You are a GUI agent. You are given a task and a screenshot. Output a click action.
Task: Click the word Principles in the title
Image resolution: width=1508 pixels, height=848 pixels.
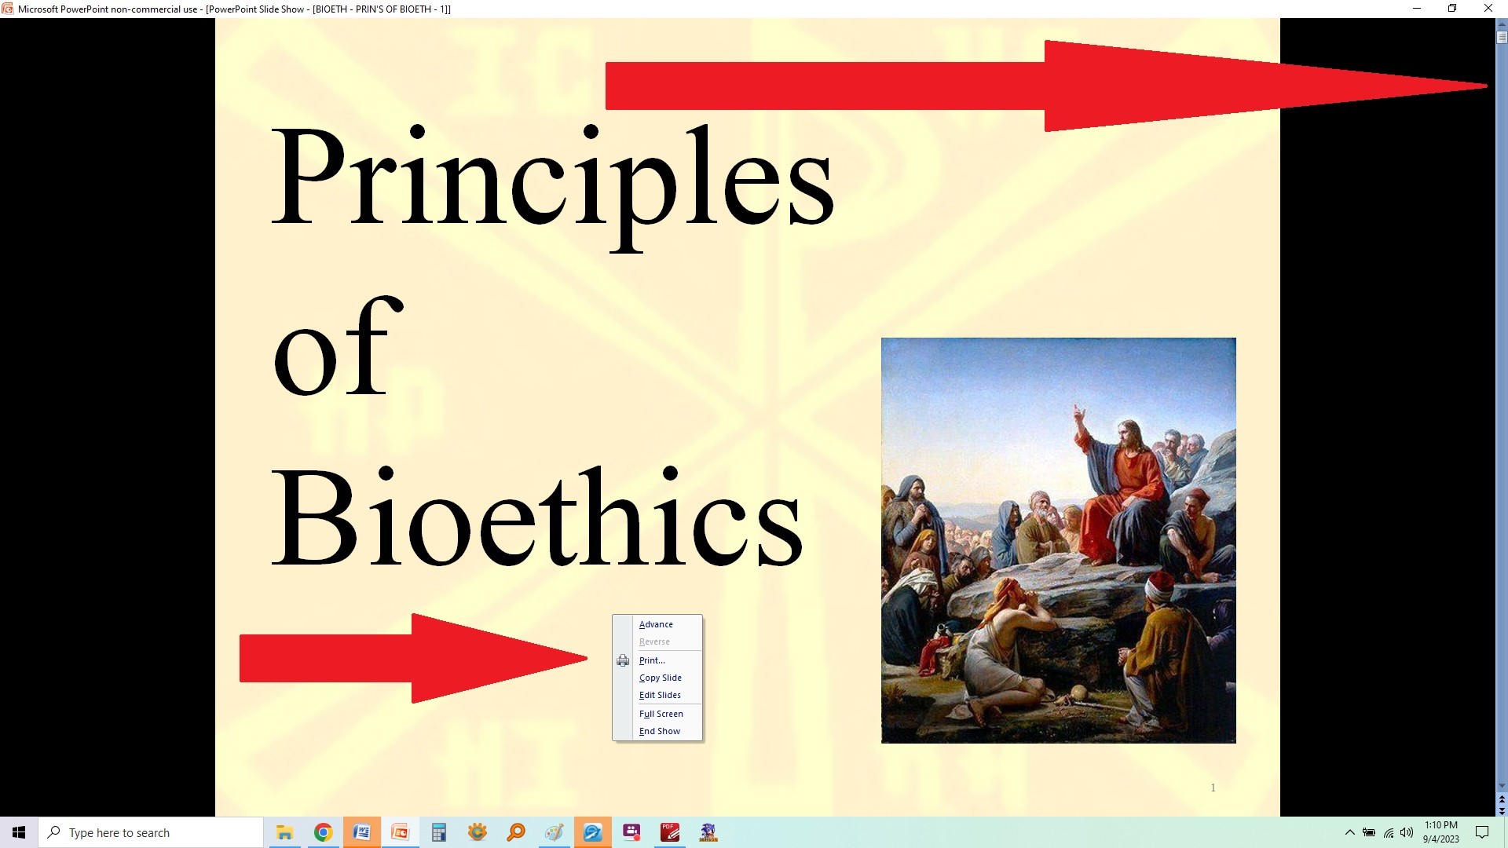[x=552, y=187]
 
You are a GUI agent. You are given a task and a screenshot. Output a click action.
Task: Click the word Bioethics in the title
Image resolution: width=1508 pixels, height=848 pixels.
[x=537, y=515]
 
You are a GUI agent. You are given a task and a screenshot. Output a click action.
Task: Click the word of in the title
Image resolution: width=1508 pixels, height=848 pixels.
[x=338, y=345]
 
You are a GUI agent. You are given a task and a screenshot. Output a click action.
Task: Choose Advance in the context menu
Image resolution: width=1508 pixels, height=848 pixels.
[x=656, y=624]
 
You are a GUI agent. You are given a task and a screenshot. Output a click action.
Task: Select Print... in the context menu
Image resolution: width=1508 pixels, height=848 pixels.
[x=652, y=660]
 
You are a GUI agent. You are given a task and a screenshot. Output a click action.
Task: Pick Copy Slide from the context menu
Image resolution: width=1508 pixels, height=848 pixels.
[x=661, y=678]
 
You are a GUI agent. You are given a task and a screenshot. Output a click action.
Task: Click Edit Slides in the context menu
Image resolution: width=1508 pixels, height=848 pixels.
[x=660, y=695]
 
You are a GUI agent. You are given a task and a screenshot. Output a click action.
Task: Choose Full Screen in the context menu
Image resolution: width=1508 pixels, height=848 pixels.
[x=661, y=714]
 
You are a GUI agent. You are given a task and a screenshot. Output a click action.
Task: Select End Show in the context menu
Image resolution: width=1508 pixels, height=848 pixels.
[x=660, y=731]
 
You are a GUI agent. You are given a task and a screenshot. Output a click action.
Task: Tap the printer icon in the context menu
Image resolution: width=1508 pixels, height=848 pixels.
[x=623, y=660]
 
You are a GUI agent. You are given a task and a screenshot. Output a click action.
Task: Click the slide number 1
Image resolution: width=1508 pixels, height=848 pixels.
[x=1213, y=788]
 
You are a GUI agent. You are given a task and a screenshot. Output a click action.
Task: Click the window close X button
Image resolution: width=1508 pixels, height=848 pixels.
[x=1488, y=9]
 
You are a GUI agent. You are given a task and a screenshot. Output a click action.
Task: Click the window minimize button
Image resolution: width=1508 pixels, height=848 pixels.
[x=1417, y=9]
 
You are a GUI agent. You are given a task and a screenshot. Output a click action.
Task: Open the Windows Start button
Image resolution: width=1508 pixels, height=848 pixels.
[x=19, y=832]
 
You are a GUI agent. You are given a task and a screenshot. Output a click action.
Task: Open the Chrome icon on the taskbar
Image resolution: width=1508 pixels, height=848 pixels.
[x=323, y=832]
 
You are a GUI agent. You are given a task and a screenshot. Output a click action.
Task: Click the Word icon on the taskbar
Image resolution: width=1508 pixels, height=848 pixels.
[x=361, y=832]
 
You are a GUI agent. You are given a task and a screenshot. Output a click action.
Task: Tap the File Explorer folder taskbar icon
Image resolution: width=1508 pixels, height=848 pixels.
[x=284, y=832]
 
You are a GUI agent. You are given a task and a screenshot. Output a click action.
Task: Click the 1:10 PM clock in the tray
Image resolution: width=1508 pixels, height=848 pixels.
[x=1441, y=825]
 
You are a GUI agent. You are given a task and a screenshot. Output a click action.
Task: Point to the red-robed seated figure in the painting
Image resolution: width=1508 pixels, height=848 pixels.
[x=1119, y=487]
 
